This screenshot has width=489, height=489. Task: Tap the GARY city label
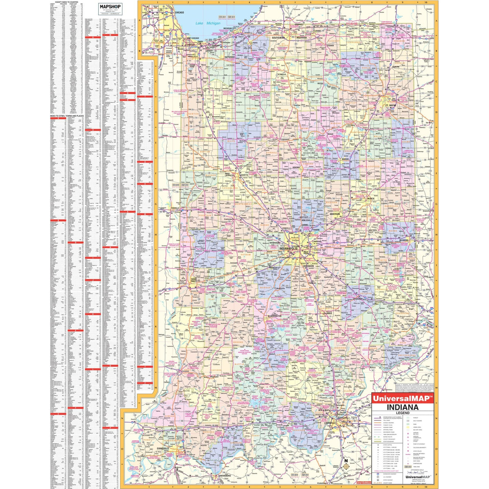click(200, 42)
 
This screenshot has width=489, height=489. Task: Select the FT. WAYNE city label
click(391, 105)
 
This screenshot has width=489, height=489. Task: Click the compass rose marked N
click(346, 465)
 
